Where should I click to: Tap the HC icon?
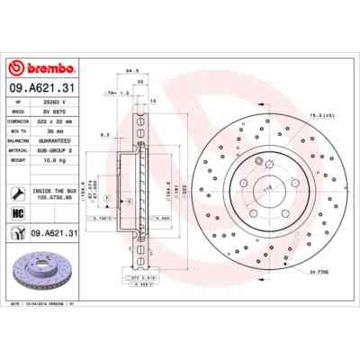(17, 212)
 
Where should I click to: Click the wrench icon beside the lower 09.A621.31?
(17, 234)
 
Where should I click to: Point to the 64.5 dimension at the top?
(131, 69)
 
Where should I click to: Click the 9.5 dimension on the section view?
(105, 134)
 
